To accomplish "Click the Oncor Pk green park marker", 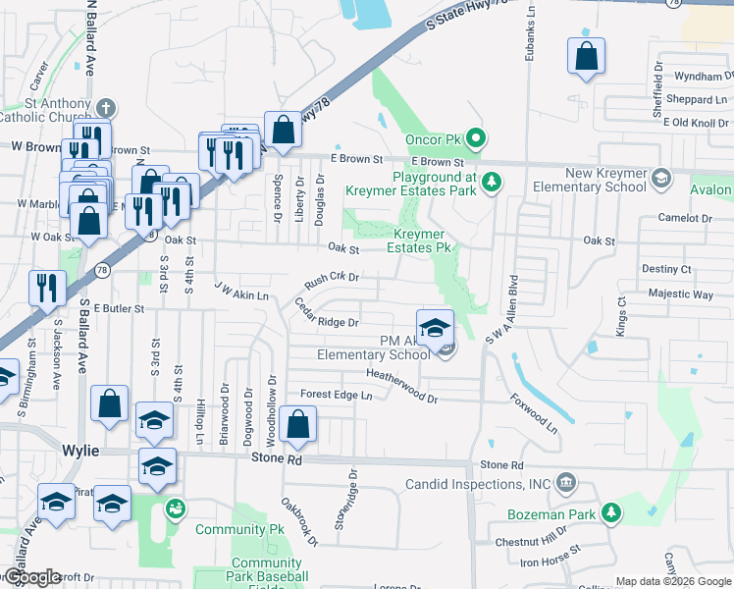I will tap(476, 138).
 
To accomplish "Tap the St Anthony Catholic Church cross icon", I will tap(106, 107).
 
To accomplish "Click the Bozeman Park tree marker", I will tap(611, 512).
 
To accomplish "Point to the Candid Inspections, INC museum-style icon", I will tap(565, 483).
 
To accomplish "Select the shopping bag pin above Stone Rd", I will tap(297, 424).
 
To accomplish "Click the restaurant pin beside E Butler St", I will tap(47, 289).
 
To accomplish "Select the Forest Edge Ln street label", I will tap(337, 395).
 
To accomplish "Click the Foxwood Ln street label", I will tap(533, 414).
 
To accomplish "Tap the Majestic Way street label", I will tap(679, 294).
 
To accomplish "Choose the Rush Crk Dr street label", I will tap(333, 279).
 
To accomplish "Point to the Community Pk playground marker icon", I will tap(176, 509).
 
